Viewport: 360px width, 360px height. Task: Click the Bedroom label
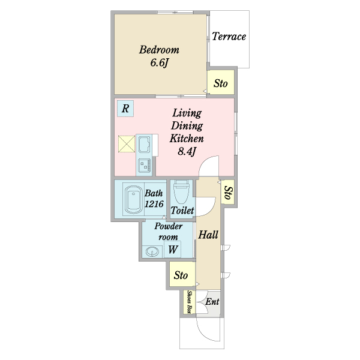[159, 50]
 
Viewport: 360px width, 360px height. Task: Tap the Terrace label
[229, 37]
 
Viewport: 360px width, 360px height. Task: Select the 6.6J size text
[160, 62]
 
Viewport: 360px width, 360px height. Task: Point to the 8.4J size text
[187, 151]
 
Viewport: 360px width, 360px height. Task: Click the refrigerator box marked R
[125, 109]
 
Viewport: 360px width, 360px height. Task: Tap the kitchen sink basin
[145, 145]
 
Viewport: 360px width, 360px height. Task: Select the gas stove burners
[145, 166]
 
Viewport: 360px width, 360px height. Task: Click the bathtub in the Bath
[133, 199]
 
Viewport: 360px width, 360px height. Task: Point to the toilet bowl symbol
[182, 192]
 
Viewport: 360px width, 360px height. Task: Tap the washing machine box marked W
[172, 249]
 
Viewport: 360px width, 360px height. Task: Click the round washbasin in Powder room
[152, 251]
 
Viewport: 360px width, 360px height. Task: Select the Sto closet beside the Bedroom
[221, 82]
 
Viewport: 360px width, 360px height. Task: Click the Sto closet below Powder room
[182, 274]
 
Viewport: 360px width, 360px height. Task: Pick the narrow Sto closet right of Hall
[227, 192]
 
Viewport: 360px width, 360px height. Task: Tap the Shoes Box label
[190, 302]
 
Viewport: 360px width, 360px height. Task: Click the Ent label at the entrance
[212, 301]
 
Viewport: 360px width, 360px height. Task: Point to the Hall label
[208, 235]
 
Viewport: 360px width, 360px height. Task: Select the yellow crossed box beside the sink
[127, 144]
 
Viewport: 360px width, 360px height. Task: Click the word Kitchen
[187, 139]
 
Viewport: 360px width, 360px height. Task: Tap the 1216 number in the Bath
[154, 204]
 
